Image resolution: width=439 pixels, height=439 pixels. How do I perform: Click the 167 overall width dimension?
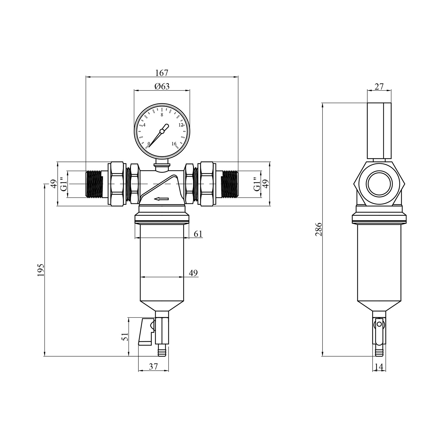tap(162, 73)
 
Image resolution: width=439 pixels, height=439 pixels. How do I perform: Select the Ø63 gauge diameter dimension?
tap(162, 86)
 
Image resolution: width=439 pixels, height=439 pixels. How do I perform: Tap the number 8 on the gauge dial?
tap(162, 115)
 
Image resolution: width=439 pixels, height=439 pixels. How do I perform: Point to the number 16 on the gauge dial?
tap(174, 144)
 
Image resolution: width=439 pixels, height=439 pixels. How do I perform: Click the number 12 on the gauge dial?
tap(181, 125)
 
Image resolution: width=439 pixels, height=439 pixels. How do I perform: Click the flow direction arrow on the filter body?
tap(162, 199)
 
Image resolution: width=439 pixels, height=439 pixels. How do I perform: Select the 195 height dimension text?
tap(41, 270)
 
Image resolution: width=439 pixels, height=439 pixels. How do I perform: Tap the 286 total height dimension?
tap(319, 229)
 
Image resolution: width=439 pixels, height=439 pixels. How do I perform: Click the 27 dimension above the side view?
tap(379, 87)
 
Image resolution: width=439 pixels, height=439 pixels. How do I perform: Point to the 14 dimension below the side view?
tap(379, 366)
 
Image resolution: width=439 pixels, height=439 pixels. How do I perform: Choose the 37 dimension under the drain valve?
tap(153, 366)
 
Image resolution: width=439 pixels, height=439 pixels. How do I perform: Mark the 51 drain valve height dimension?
tap(125, 337)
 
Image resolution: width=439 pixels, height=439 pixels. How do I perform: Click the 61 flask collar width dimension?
tap(198, 234)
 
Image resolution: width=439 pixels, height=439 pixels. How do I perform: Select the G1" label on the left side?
tap(64, 184)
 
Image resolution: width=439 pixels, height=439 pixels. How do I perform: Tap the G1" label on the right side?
tap(257, 184)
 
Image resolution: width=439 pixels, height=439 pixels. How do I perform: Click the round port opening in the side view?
tap(379, 186)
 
